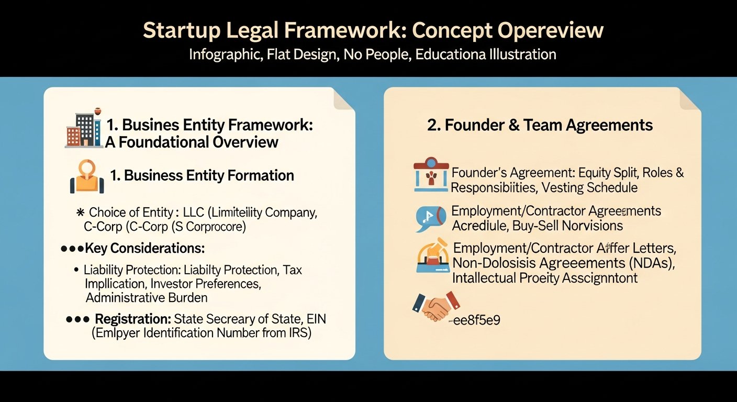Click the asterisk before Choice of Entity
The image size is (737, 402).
[81, 213]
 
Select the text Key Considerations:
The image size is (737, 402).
[144, 248]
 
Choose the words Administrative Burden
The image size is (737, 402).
[147, 298]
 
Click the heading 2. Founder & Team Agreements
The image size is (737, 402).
[540, 126]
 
